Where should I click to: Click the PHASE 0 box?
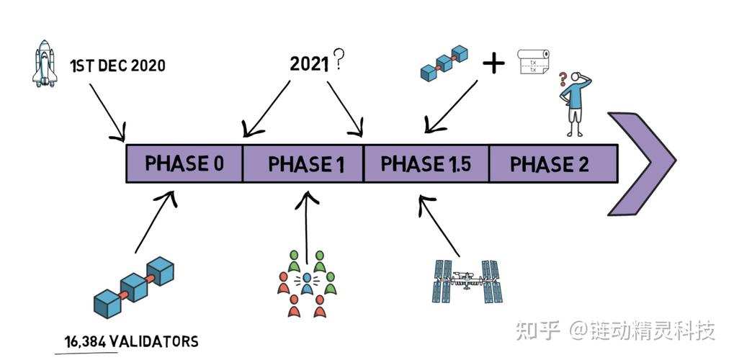pos(184,163)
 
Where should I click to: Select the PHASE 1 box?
pos(303,163)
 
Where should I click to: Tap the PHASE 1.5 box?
pos(426,163)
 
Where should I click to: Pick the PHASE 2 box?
pos(552,163)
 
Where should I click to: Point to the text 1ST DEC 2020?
pos(117,66)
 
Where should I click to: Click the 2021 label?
pos(310,64)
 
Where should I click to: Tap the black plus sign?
pos(494,64)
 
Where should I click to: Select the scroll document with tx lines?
pos(534,62)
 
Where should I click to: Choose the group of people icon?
pos(307,282)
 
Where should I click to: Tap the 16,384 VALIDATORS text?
pos(127,341)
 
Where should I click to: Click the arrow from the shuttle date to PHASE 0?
pos(107,111)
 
